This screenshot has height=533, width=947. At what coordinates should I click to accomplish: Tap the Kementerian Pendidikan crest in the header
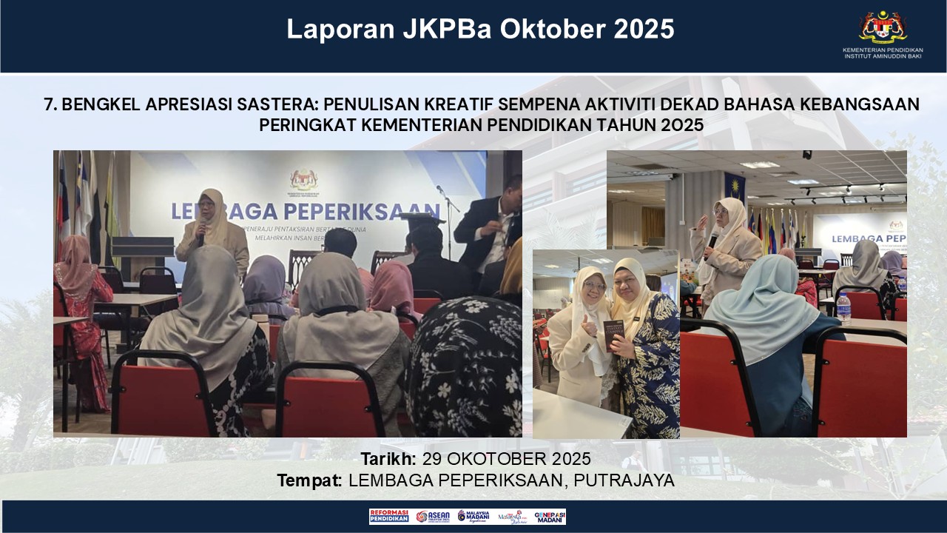[883, 27]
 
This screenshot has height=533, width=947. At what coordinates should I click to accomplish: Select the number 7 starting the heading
[49, 104]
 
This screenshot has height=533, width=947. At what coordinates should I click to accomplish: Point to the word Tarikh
[388, 459]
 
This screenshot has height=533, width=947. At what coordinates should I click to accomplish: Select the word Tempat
[309, 480]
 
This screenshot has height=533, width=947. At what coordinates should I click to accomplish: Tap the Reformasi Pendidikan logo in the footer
[389, 517]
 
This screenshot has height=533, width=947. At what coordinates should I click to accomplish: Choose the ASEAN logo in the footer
[433, 517]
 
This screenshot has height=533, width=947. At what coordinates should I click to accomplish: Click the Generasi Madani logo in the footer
[550, 517]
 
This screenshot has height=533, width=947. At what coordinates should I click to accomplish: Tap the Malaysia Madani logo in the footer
[473, 517]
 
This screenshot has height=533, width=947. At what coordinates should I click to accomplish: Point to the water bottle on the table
[844, 308]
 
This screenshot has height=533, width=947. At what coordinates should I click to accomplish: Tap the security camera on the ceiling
[806, 155]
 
